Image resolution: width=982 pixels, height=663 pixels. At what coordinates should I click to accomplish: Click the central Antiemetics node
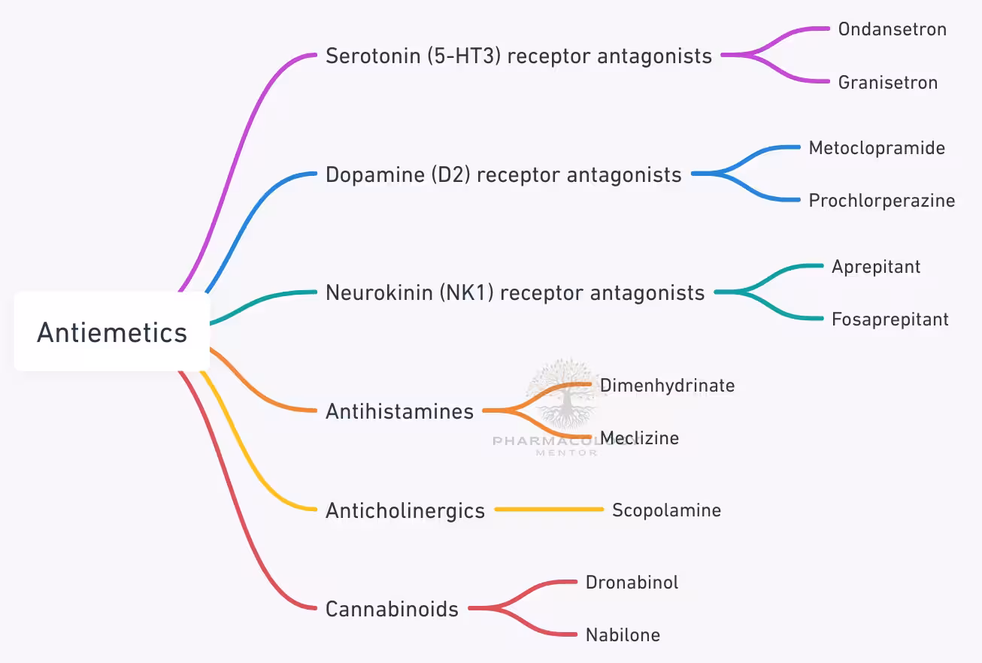coord(112,331)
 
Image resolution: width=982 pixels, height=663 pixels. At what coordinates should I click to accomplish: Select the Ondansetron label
coord(892,29)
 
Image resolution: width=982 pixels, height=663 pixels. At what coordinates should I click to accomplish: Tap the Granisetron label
coord(887,82)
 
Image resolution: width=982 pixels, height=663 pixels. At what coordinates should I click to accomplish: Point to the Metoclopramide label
coord(877,148)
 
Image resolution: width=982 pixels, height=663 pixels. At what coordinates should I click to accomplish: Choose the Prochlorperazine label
coord(881,201)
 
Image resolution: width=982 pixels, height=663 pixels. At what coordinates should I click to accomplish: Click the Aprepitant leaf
coord(876,267)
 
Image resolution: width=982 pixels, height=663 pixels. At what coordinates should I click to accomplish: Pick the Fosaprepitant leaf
coord(890,319)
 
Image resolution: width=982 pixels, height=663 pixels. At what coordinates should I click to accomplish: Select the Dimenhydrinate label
coord(667,386)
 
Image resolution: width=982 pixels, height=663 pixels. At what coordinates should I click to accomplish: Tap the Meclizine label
coord(639,438)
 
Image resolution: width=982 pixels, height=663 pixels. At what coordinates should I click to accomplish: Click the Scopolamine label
coord(666,510)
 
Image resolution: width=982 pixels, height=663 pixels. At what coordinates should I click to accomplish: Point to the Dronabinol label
coord(632,583)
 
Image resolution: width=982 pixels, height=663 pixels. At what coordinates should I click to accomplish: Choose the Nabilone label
coord(623,635)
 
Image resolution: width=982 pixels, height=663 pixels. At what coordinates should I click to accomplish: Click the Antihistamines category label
coord(399,411)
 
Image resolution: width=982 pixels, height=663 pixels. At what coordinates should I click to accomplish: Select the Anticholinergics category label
coord(405,511)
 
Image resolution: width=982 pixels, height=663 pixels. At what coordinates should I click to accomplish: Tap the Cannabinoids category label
coord(392,609)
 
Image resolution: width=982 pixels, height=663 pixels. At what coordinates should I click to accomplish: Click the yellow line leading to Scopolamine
coord(549,510)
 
